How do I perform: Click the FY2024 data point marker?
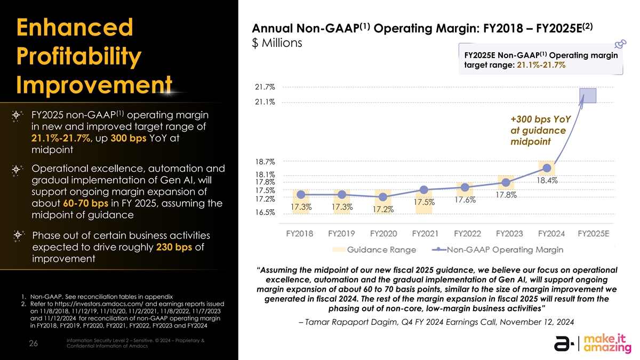click(x=547, y=168)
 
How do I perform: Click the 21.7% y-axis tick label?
click(x=265, y=87)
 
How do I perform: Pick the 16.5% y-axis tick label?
click(x=265, y=212)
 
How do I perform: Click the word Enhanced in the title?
click(x=75, y=27)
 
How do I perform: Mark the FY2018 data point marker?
click(x=301, y=195)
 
